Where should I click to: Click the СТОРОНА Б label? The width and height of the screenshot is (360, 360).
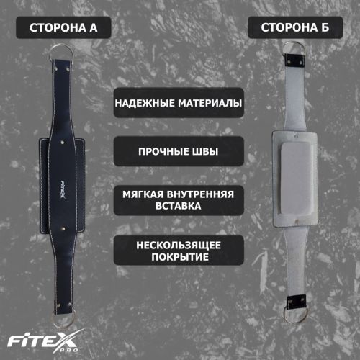tap(292, 29)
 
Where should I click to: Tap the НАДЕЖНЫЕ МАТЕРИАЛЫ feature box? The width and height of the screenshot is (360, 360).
tap(178, 102)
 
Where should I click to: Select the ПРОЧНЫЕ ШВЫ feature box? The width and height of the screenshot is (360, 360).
tap(178, 152)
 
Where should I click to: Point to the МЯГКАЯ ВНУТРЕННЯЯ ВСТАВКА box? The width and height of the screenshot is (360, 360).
tap(178, 199)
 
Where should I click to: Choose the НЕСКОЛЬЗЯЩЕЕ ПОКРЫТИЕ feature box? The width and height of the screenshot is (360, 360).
tap(178, 251)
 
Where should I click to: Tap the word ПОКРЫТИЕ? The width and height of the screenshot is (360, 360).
tap(178, 257)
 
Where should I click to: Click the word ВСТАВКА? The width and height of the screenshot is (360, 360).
tap(178, 206)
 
